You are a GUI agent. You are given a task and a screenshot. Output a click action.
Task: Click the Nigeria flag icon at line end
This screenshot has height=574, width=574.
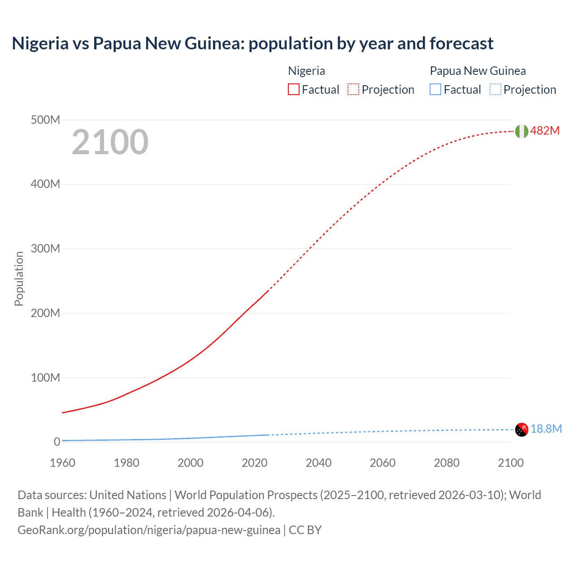pos(521,131)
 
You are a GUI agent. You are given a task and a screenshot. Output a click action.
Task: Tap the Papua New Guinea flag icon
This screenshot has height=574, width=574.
pos(522,430)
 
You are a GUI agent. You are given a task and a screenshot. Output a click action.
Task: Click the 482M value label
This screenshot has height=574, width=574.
pos(545,130)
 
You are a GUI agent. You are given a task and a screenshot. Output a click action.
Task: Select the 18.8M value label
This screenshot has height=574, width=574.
pos(546,429)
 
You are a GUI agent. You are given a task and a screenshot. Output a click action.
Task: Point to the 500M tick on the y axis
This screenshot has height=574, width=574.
pos(45,120)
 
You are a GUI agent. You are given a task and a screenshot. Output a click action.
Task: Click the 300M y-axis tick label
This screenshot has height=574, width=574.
pos(45,249)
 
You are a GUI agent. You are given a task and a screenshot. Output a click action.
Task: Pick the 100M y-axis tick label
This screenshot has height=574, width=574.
pos(45,378)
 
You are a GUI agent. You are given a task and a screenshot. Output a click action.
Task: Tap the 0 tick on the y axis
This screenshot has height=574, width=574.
pos(57,442)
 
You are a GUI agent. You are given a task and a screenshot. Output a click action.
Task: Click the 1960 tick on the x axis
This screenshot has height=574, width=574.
pos(62,463)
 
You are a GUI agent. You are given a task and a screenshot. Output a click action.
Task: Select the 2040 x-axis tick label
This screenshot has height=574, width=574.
pos(318,463)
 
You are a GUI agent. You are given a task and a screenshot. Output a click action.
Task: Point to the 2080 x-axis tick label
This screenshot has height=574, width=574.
pos(447,463)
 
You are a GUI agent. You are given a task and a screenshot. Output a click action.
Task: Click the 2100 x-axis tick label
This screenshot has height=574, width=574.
pos(510,463)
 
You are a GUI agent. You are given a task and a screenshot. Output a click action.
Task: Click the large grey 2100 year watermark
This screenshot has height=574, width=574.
pos(110,142)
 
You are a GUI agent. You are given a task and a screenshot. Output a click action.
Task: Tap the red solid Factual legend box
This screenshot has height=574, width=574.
pos(293,90)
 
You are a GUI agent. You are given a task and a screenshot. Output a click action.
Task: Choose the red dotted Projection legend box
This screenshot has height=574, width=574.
pos(353,90)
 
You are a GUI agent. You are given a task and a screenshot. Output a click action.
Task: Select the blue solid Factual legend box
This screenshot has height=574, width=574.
pos(435,90)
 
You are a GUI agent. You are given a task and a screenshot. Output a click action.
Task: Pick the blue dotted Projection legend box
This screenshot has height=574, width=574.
pos(496,90)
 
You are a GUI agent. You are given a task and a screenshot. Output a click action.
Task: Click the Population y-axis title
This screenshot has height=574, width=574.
pos(19,278)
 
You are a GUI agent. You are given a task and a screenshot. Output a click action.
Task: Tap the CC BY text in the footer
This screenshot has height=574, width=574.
pos(305,530)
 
